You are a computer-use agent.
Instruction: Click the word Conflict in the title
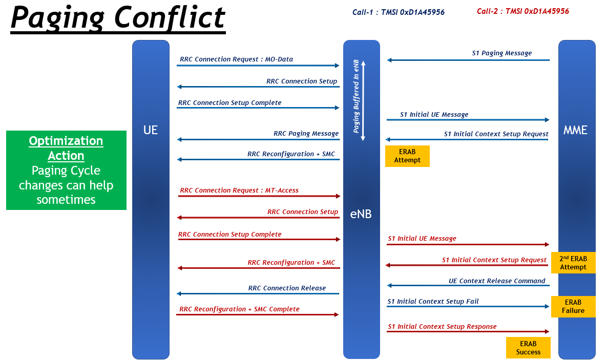[x=170, y=17]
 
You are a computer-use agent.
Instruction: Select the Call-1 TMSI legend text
[x=399, y=12]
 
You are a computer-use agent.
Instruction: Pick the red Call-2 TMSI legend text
[x=523, y=11]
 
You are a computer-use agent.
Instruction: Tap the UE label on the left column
[x=151, y=130]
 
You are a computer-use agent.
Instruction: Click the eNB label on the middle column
[x=361, y=214]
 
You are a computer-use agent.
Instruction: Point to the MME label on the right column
[x=575, y=130]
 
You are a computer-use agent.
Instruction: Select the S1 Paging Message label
[x=501, y=53]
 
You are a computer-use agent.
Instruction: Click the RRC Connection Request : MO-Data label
[x=236, y=59]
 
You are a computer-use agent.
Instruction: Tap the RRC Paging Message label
[x=306, y=134]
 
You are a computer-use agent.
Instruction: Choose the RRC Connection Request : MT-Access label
[x=239, y=190]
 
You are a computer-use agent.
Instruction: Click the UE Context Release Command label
[x=497, y=281]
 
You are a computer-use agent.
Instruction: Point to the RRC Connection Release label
[x=287, y=288]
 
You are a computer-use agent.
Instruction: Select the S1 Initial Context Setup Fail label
[x=433, y=302]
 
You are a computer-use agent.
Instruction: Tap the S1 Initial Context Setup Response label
[x=442, y=327]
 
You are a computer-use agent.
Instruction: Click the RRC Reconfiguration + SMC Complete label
[x=239, y=309]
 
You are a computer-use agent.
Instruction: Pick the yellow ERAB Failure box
[x=573, y=307]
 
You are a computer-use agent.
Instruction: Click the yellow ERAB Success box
[x=528, y=348]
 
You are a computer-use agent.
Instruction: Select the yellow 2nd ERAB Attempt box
[x=573, y=263]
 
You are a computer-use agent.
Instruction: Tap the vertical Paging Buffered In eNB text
[x=356, y=96]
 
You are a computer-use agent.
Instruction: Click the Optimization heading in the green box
[x=66, y=141]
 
